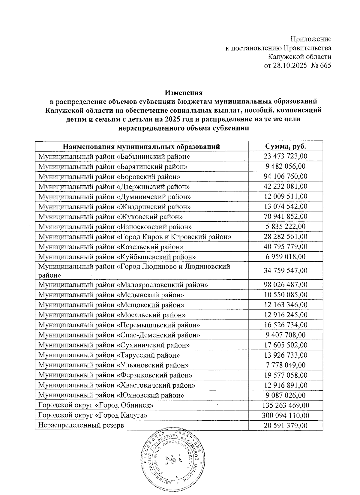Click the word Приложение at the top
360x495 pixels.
[x=311, y=39]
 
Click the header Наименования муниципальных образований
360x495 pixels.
[x=141, y=146]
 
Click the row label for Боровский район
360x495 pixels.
[x=109, y=176]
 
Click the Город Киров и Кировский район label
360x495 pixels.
[x=135, y=237]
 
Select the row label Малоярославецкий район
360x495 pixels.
[x=123, y=284]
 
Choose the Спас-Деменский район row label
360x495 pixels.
[x=119, y=335]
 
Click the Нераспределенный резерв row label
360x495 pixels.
[x=81, y=425]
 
